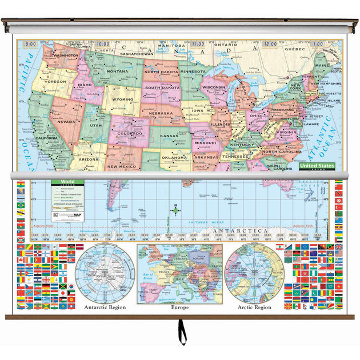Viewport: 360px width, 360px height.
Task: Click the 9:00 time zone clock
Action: [31, 43]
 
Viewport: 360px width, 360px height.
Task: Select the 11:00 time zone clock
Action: [198, 43]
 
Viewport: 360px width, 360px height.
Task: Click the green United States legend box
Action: [320, 166]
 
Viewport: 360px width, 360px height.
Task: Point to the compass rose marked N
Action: [176, 211]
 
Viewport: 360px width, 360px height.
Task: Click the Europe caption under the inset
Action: [179, 306]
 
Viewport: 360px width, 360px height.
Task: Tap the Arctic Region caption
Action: [255, 306]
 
